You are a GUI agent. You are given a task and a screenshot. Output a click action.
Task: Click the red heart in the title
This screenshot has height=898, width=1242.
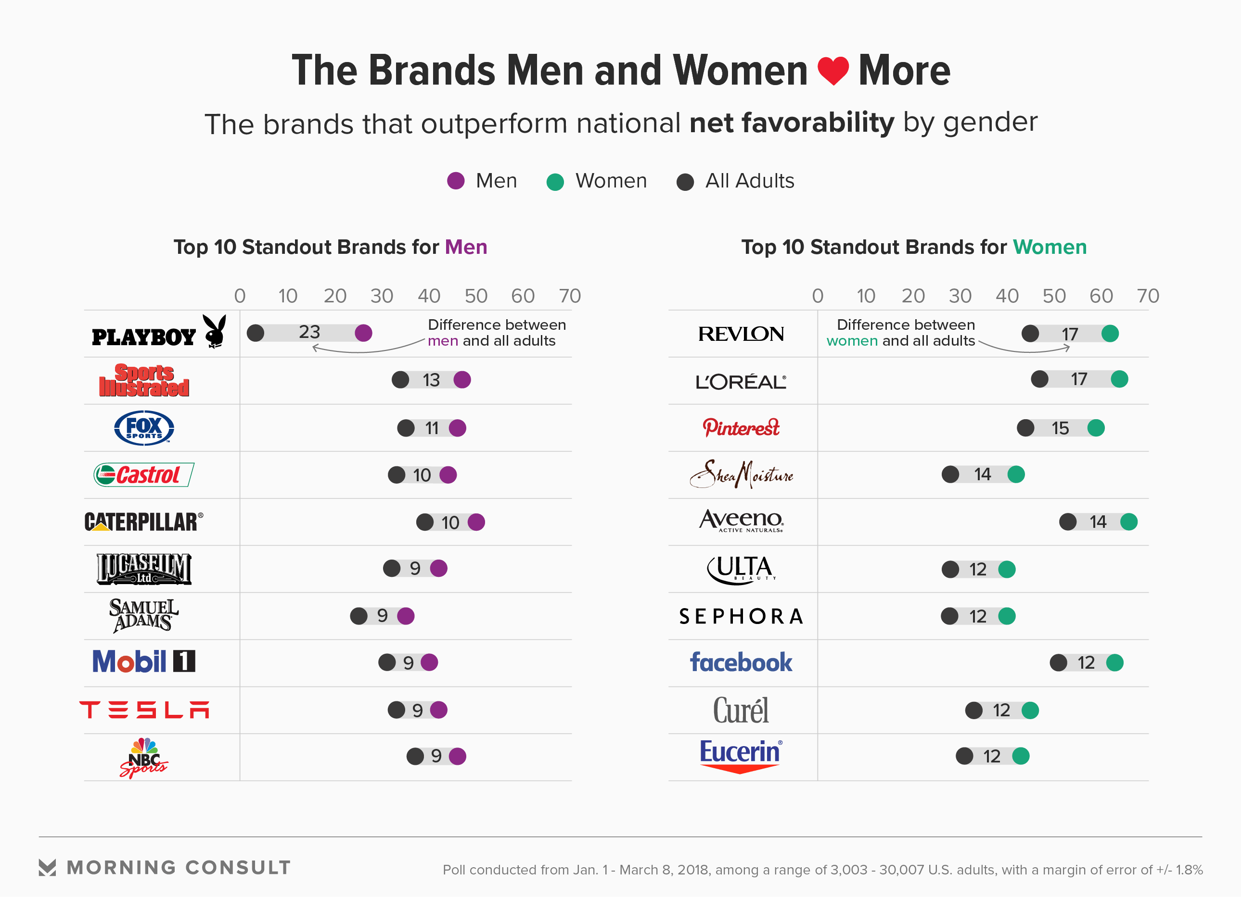[x=833, y=71]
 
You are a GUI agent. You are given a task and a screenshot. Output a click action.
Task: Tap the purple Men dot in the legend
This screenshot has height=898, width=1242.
[x=456, y=181]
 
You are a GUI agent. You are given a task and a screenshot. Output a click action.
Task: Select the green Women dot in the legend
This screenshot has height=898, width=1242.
[x=555, y=182]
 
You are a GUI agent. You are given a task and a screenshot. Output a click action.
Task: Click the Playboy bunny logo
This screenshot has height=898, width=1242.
[x=215, y=332]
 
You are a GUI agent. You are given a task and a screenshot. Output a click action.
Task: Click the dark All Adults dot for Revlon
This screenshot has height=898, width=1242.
[x=1030, y=334]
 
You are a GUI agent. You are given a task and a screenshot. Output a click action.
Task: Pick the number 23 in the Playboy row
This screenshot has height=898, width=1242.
[x=309, y=332]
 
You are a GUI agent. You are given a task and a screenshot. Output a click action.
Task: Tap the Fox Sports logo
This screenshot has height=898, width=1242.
[x=144, y=428]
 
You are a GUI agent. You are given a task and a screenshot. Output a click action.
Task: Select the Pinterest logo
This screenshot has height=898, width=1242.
[x=741, y=428]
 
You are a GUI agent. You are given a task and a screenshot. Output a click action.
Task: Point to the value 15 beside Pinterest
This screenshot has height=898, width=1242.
[x=1060, y=428]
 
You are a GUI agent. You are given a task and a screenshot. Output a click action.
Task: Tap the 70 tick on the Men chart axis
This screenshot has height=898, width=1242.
[x=570, y=296]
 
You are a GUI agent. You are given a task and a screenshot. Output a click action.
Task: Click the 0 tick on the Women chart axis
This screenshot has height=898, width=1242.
[x=818, y=296]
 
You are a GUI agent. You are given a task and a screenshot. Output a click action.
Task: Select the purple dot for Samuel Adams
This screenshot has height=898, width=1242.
[x=406, y=616]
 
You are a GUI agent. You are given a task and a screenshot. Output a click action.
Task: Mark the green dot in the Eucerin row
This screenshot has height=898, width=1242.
[x=1021, y=757]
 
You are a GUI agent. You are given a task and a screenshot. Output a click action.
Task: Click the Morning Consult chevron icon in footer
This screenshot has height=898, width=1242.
[x=48, y=868]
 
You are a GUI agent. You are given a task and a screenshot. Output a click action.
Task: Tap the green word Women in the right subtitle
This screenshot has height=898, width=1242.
[x=1049, y=248]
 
